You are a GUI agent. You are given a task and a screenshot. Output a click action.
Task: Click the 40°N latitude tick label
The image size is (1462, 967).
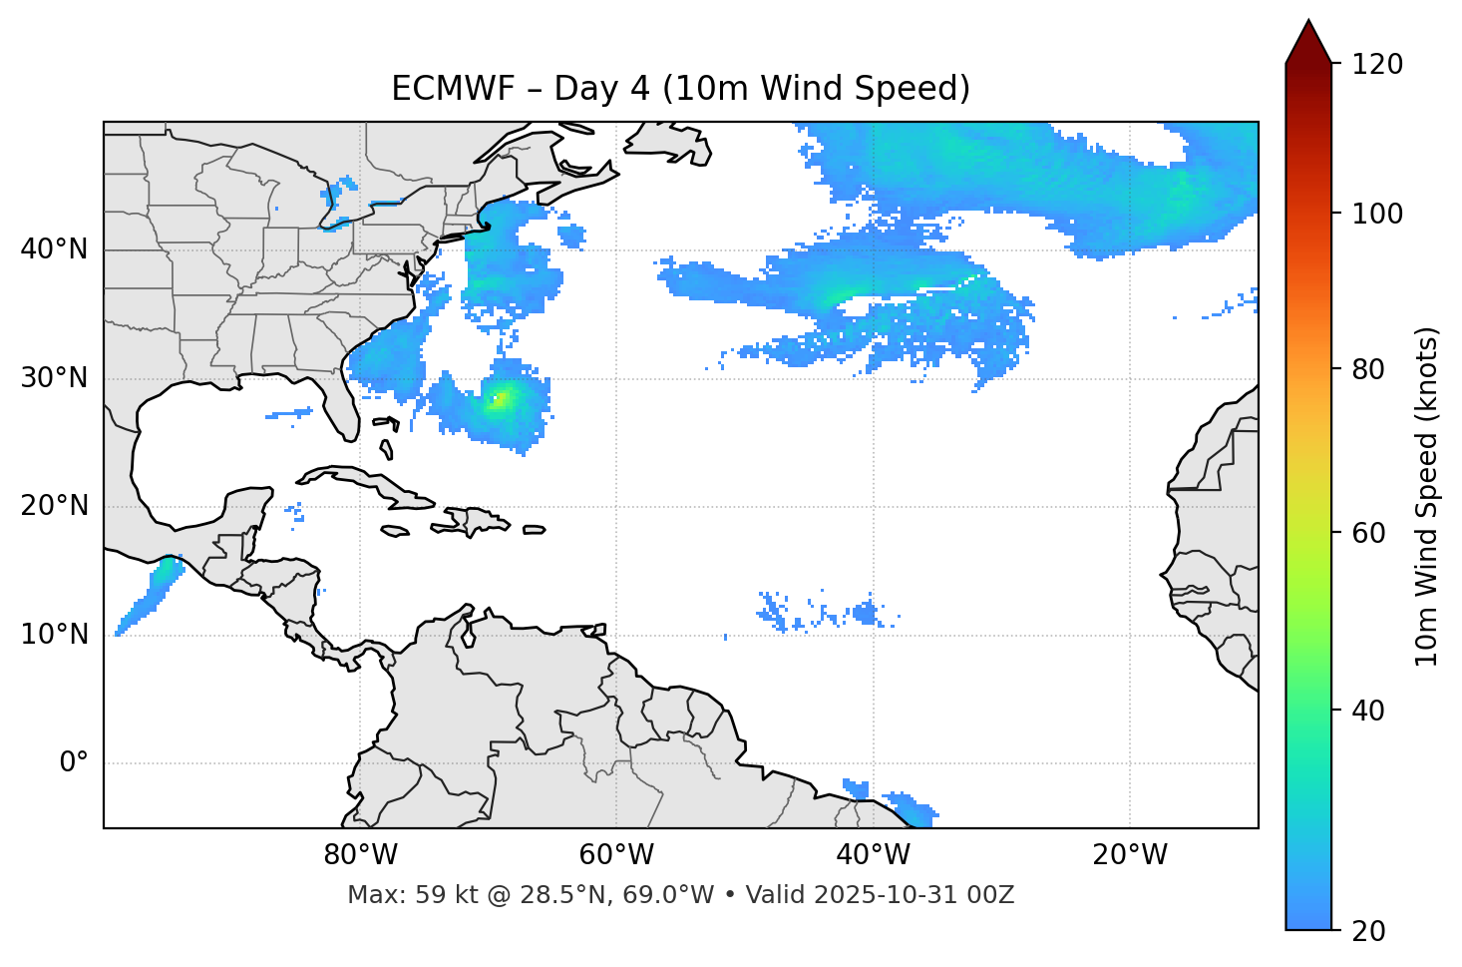click(54, 249)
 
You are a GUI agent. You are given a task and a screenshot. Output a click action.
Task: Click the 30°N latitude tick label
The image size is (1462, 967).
click(54, 378)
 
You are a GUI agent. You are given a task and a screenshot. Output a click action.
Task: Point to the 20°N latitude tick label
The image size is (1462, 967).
click(54, 506)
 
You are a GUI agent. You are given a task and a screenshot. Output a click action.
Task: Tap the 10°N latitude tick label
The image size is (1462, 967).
click(54, 635)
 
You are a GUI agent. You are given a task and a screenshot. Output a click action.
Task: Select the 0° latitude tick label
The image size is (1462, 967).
click(74, 763)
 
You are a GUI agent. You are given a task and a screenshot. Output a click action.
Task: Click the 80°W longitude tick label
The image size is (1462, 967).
click(360, 855)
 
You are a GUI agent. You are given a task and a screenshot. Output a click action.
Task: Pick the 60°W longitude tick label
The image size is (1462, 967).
click(616, 855)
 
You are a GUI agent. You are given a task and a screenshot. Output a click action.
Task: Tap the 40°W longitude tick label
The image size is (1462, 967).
click(873, 855)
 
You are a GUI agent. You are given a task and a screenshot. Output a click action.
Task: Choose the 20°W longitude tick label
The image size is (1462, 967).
click(1130, 855)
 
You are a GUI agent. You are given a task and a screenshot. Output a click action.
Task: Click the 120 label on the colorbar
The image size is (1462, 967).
click(1377, 65)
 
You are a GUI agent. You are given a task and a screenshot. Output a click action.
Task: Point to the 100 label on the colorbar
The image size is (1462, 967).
click(1377, 214)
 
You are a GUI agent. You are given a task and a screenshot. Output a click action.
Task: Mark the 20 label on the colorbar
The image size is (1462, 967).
click(1369, 931)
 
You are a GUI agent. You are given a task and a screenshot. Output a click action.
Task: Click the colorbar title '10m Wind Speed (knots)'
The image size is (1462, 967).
click(1427, 497)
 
